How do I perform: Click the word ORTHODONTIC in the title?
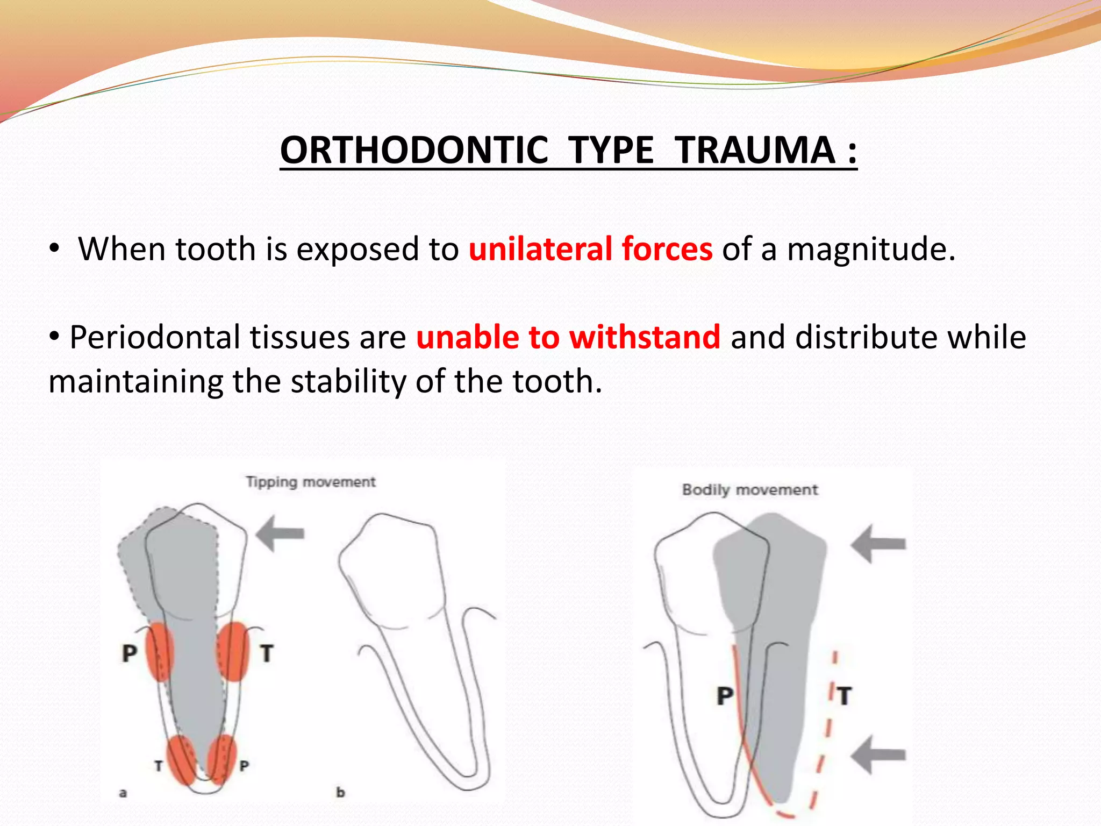pyautogui.click(x=414, y=150)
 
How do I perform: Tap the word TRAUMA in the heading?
pyautogui.click(x=755, y=150)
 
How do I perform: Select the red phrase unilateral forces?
pyautogui.click(x=590, y=249)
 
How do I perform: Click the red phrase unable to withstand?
pyautogui.click(x=568, y=337)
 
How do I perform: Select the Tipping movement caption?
pyautogui.click(x=311, y=481)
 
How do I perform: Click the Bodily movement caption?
pyautogui.click(x=750, y=490)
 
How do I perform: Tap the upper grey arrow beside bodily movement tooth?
pyautogui.click(x=878, y=544)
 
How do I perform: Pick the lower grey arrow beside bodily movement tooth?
pyautogui.click(x=878, y=754)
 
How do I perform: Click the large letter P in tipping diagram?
pyautogui.click(x=130, y=653)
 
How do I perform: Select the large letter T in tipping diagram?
pyautogui.click(x=267, y=653)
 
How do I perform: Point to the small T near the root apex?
pyautogui.click(x=159, y=766)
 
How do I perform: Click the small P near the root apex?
pyautogui.click(x=244, y=766)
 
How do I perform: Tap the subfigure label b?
pyautogui.click(x=340, y=792)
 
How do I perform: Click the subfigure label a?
pyautogui.click(x=123, y=793)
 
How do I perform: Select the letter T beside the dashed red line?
pyautogui.click(x=845, y=696)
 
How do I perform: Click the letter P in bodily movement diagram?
pyautogui.click(x=725, y=695)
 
